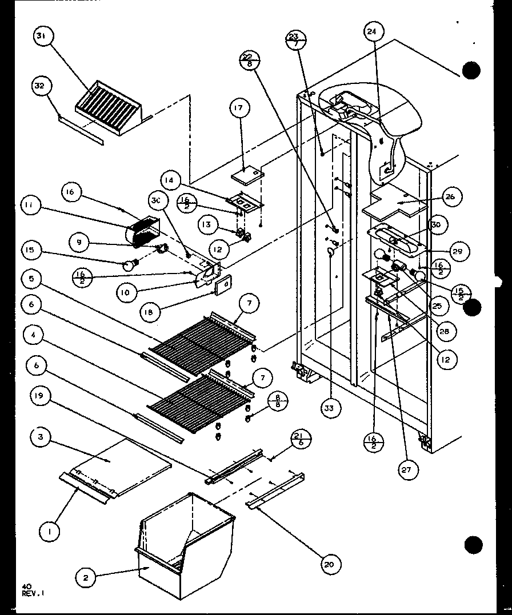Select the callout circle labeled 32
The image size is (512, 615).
40,86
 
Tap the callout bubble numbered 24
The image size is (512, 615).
371,33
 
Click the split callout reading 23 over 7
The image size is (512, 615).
294,41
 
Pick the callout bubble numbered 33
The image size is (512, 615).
330,408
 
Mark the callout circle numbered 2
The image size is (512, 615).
86,578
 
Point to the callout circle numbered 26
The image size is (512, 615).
449,197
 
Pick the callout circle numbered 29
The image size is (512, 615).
459,251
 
